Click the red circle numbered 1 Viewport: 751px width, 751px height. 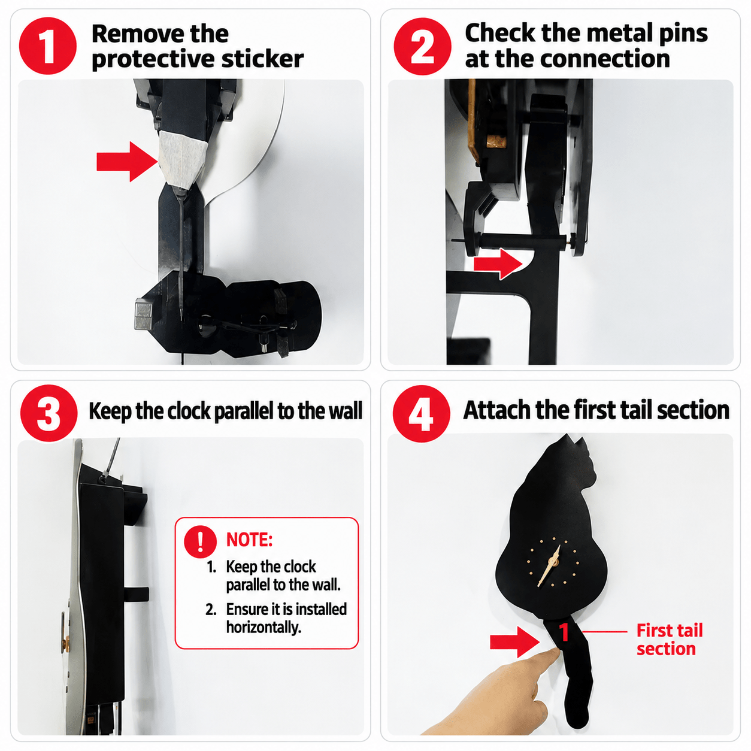[47, 46]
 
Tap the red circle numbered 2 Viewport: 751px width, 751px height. [422, 46]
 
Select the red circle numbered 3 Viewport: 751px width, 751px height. [49, 413]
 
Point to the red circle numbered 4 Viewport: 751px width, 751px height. [421, 413]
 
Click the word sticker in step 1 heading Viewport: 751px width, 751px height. [262, 59]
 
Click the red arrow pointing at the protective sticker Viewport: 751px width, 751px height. [127, 161]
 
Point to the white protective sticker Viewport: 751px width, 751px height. [183, 158]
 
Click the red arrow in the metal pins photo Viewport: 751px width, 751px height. [498, 264]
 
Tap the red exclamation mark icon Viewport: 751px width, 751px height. [200, 541]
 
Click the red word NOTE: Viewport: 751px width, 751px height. [249, 540]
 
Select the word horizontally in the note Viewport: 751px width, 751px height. [264, 627]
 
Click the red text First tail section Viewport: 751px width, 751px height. [670, 640]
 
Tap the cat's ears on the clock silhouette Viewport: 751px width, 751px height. [573, 445]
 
